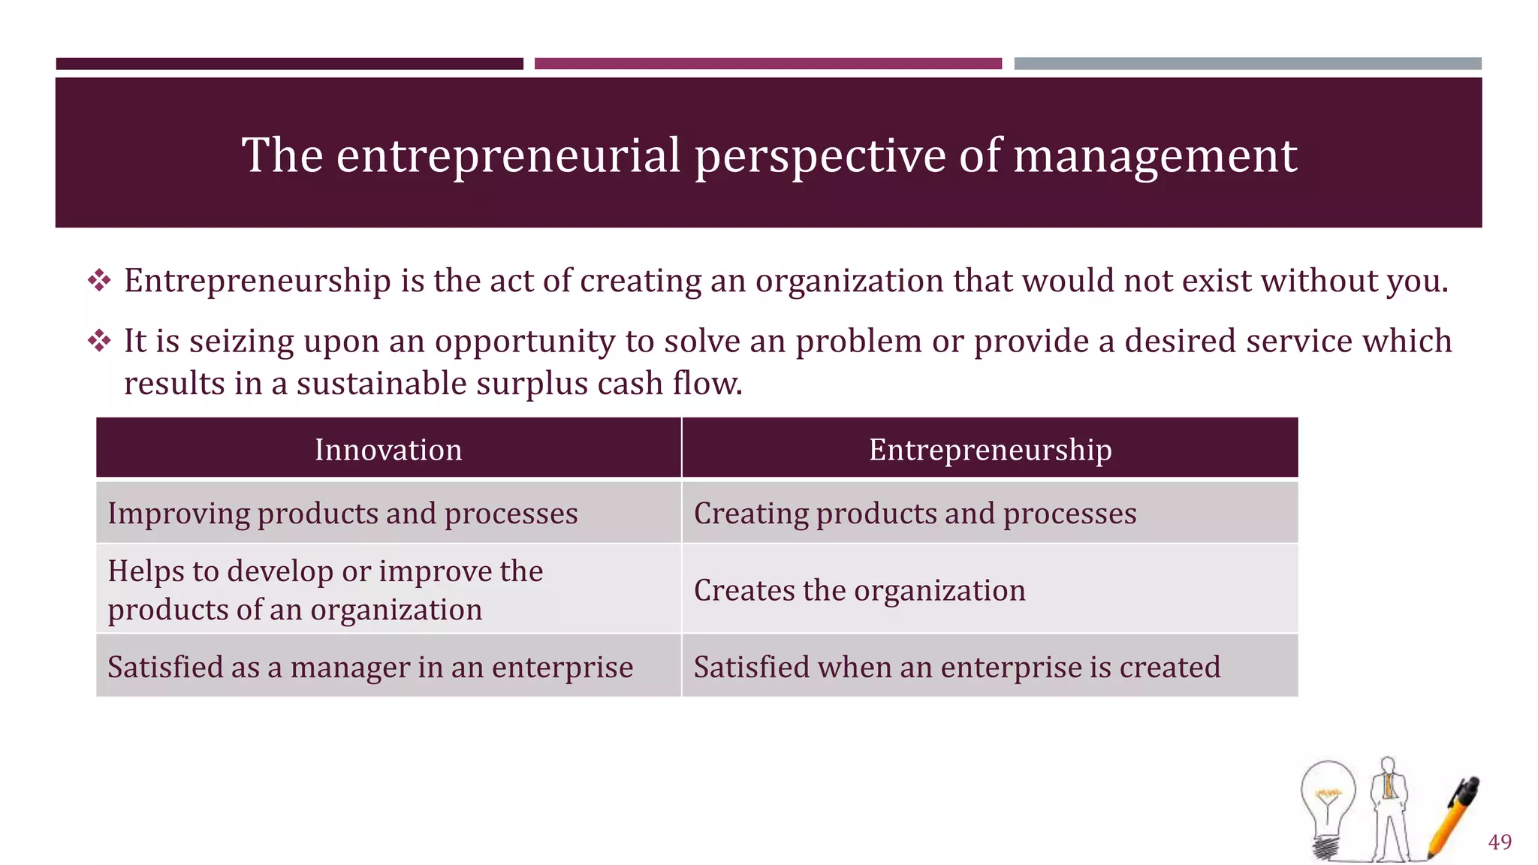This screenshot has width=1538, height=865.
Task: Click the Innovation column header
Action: point(388,450)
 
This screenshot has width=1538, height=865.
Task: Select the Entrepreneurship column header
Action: point(990,450)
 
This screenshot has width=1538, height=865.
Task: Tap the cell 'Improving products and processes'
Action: point(342,514)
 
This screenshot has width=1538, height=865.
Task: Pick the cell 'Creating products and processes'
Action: point(915,514)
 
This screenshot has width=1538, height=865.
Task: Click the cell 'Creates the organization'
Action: point(859,590)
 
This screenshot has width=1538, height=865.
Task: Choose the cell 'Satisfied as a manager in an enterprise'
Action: point(370,667)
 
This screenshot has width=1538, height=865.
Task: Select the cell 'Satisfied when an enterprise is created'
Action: point(957,667)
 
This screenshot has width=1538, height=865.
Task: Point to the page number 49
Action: point(1500,842)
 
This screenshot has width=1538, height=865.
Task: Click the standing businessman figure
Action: point(1389,807)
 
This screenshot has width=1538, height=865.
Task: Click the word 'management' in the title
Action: point(1155,155)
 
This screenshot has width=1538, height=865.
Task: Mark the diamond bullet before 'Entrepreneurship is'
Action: point(99,282)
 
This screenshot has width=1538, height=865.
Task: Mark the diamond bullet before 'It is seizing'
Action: point(99,342)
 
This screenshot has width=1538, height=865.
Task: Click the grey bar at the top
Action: point(1247,64)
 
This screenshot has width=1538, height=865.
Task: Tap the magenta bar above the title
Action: point(767,64)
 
